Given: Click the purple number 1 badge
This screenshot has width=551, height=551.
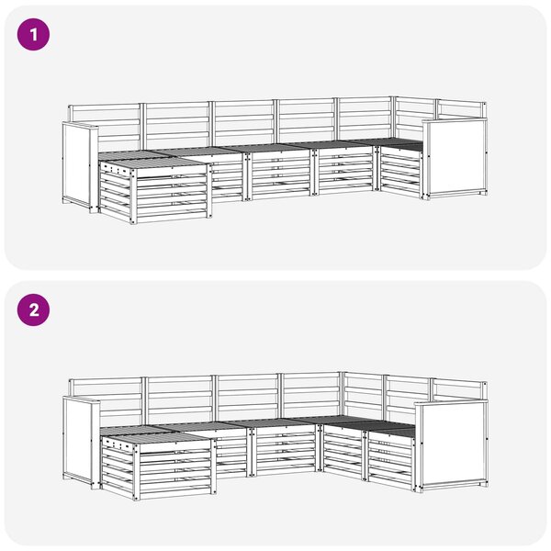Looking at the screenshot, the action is pos(33,35).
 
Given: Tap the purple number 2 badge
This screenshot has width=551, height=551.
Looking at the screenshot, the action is pos(33,310).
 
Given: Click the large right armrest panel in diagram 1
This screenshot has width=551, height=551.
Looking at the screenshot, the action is pos(456,157).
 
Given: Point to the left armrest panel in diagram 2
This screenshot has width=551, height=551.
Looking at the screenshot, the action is pos(76,440).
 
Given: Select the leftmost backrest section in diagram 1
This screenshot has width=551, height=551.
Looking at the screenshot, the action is pos(105,127).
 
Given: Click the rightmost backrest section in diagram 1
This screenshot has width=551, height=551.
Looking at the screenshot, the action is pos(461,109).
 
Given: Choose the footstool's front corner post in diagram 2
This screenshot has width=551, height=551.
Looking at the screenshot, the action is pos(136,471).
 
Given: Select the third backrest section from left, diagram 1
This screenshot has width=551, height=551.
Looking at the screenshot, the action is pos(243,122).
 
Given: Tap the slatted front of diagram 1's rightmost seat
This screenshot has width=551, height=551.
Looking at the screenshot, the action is pos(400,173).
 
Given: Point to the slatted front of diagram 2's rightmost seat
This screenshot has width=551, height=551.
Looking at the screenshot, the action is pos(391,459).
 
